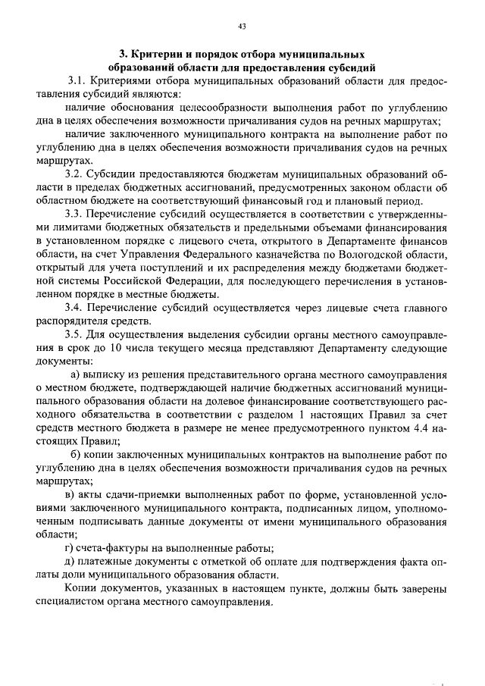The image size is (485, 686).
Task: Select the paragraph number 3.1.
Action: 78,81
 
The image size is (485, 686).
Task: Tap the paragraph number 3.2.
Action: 78,174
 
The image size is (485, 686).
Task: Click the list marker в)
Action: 72,495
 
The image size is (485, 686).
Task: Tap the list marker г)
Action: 71,549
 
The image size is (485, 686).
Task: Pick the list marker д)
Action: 72,562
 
